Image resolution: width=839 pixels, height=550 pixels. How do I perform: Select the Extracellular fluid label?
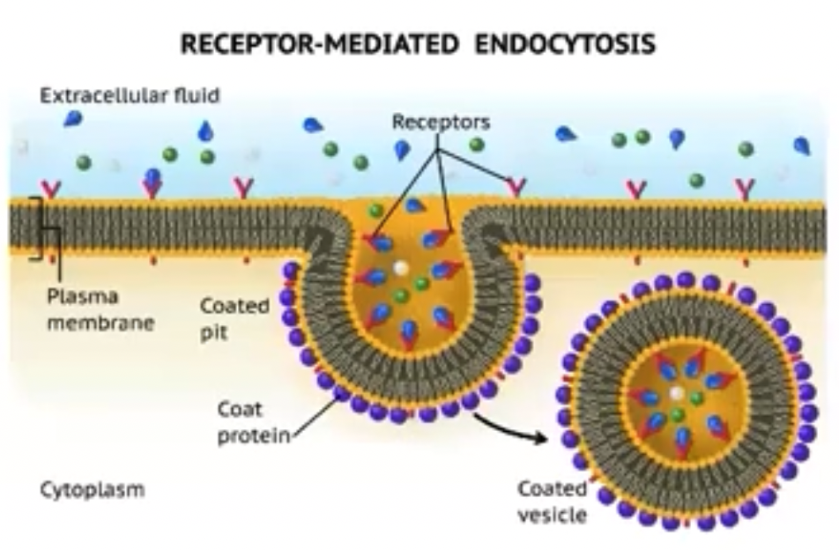click(x=130, y=96)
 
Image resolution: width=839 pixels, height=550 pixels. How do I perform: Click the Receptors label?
click(x=441, y=122)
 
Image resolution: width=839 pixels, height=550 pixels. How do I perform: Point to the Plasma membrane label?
click(x=100, y=309)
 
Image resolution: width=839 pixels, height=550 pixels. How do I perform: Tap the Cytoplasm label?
click(x=92, y=490)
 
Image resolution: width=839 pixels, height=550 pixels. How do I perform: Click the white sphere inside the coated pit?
click(x=401, y=266)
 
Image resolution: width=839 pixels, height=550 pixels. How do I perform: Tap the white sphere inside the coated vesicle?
click(x=676, y=393)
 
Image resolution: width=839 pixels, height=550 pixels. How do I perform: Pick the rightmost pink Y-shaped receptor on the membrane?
click(x=746, y=188)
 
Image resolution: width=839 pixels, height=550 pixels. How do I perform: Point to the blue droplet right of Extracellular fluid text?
click(x=73, y=118)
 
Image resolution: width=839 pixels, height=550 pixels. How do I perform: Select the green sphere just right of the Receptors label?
click(x=477, y=145)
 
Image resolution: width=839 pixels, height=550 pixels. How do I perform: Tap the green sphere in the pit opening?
click(x=376, y=211)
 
